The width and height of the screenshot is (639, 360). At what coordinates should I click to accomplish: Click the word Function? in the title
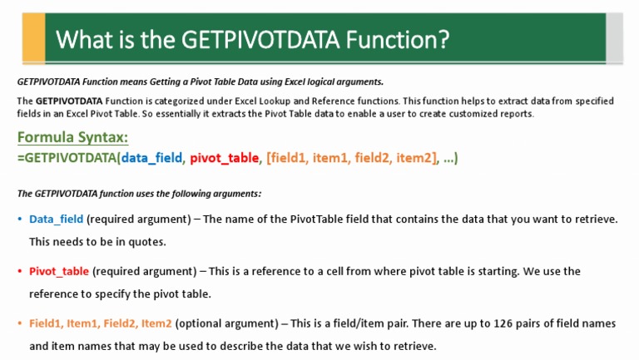pyautogui.click(x=399, y=39)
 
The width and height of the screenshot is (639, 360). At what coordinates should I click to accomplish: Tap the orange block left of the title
pyautogui.click(x=34, y=38)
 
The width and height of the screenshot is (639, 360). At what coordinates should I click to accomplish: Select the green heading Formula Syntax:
pyautogui.click(x=72, y=138)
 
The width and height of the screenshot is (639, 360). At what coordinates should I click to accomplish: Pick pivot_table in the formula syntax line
pyautogui.click(x=225, y=158)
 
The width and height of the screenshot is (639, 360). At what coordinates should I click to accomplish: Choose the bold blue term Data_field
pyautogui.click(x=56, y=219)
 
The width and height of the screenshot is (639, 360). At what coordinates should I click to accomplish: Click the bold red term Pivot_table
pyautogui.click(x=59, y=271)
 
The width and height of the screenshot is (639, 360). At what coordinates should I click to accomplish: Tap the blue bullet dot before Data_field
pyautogui.click(x=20, y=219)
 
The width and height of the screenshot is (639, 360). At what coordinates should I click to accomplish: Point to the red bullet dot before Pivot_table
pyautogui.click(x=20, y=271)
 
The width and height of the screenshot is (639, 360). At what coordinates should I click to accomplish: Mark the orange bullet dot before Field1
pyautogui.click(x=20, y=323)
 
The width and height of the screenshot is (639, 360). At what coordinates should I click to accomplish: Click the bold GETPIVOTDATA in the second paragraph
pyautogui.click(x=68, y=101)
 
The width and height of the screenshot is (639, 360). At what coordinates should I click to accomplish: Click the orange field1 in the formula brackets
pyautogui.click(x=290, y=158)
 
